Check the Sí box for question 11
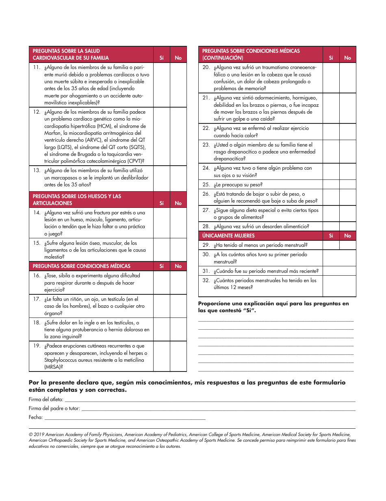coord(161,85)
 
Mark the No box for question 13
coord(178,177)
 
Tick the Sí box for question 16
coord(161,283)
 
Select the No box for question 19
coord(178,356)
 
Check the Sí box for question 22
coord(331,132)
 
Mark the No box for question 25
coord(348,184)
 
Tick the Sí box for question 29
coord(331,245)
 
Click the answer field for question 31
coord(339,271)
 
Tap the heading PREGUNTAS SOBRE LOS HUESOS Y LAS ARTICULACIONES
coord(77,200)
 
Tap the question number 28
coord(206,227)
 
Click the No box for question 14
coord(178,223)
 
